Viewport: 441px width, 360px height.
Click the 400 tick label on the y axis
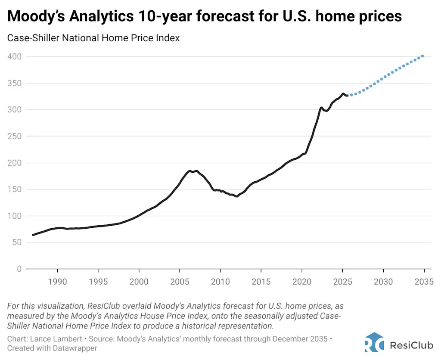point(15,56)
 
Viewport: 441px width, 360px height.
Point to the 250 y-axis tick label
point(15,136)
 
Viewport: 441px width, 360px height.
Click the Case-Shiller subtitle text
point(93,38)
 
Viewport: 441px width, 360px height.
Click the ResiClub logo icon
point(374,343)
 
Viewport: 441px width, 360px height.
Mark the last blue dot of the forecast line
point(423,56)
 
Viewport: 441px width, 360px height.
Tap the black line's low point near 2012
point(237,197)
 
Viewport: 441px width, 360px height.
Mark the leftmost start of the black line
point(33,235)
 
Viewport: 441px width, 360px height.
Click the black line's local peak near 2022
point(322,107)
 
